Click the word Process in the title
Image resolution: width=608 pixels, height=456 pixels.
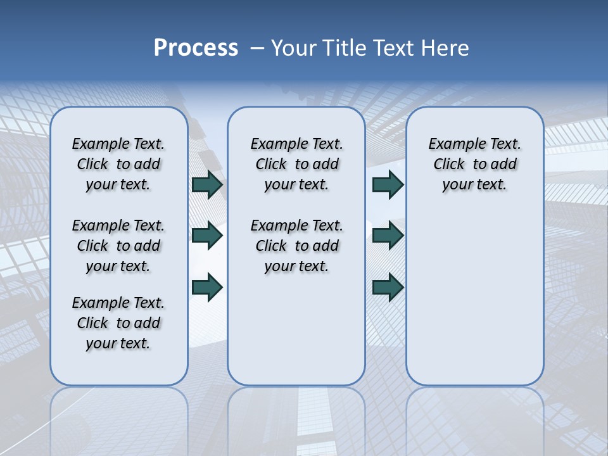click(x=196, y=48)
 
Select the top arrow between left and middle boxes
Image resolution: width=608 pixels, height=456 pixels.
click(x=207, y=184)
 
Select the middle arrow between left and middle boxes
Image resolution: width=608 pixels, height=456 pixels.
click(x=207, y=236)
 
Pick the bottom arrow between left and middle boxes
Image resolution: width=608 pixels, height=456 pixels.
click(x=207, y=287)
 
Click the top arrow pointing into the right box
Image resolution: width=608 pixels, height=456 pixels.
click(x=388, y=184)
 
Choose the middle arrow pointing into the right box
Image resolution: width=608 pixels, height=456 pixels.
click(x=388, y=236)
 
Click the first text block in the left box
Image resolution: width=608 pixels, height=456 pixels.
click(x=118, y=164)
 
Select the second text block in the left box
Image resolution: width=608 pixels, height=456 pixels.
click(x=118, y=246)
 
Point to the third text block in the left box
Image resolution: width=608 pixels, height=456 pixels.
click(x=118, y=323)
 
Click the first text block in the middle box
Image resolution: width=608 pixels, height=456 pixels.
click(x=296, y=164)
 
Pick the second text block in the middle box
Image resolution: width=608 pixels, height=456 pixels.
click(x=296, y=246)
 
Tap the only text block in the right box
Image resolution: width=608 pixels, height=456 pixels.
click(x=474, y=164)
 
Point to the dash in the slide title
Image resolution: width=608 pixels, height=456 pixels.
click(x=257, y=48)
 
